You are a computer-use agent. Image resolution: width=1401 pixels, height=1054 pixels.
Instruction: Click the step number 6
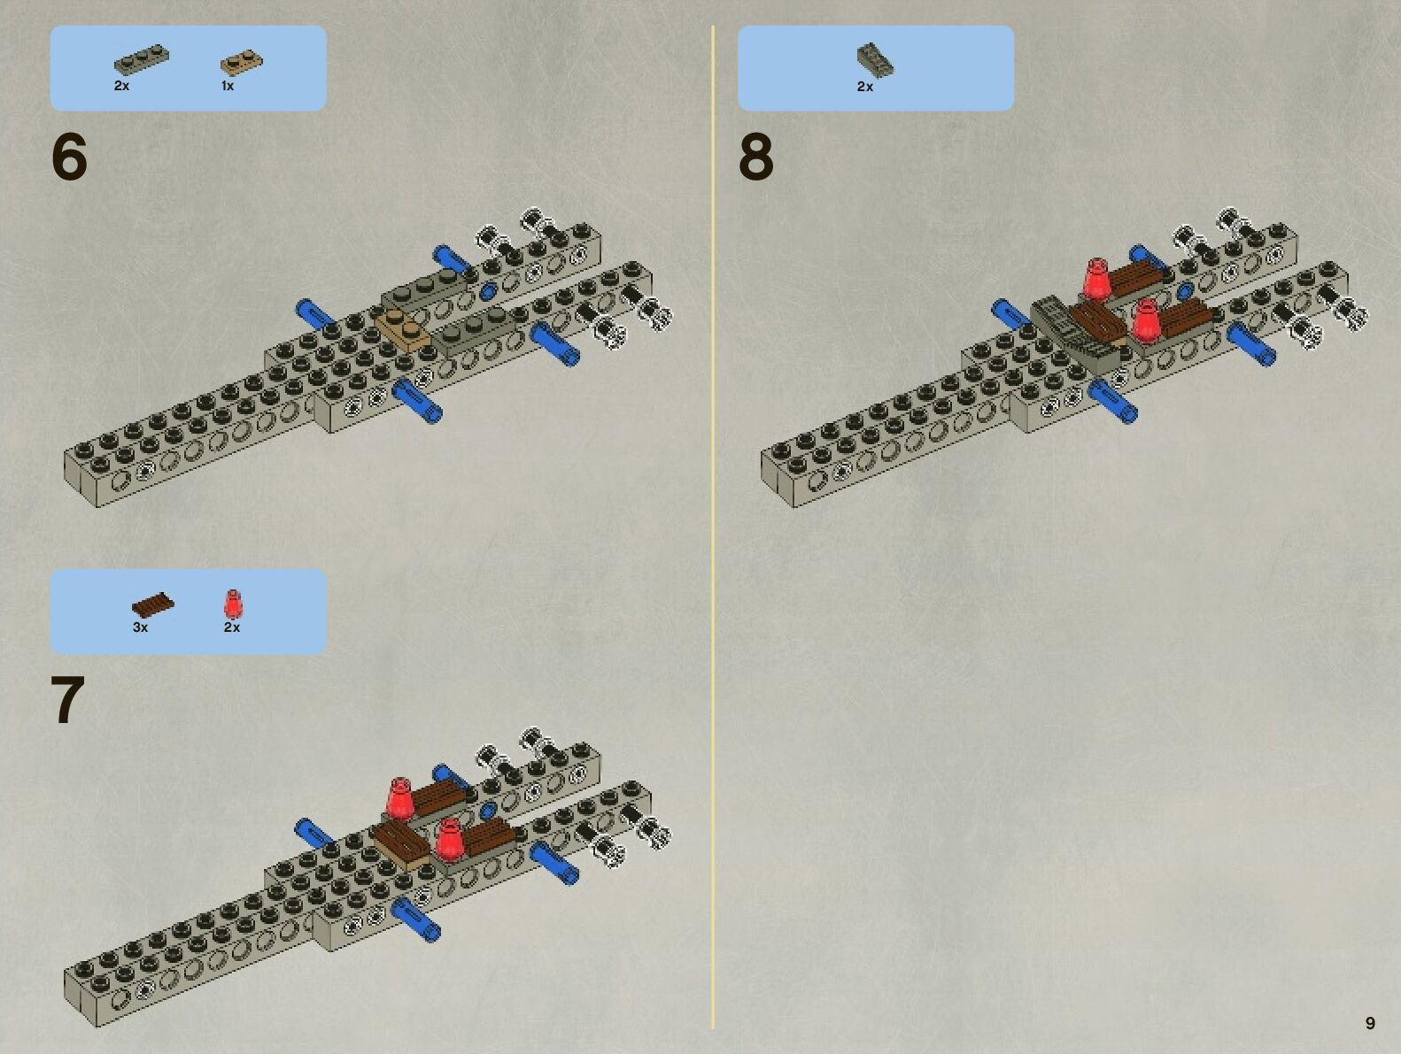coord(70,158)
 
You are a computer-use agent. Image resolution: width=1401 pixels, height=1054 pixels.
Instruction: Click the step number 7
coord(68,701)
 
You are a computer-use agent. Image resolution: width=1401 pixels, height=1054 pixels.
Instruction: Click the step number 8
coord(756,158)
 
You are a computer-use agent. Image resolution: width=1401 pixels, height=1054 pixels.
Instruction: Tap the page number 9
coord(1370,1023)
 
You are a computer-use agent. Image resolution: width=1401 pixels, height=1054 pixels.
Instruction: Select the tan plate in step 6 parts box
coord(241,63)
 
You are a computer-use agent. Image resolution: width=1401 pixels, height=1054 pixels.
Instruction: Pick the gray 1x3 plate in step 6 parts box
coord(141,60)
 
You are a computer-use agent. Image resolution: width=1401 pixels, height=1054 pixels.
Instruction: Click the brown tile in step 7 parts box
coord(152,605)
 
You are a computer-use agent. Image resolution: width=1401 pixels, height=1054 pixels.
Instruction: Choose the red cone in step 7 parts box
coord(232,604)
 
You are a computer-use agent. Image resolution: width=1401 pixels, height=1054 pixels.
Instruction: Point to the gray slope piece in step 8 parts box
coord(875,60)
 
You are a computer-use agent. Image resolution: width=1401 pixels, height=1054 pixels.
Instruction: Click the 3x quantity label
coord(140,627)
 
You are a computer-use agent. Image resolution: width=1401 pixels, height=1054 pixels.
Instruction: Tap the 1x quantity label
coord(228,87)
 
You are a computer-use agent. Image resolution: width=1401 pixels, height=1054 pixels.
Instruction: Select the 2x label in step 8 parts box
coord(864,87)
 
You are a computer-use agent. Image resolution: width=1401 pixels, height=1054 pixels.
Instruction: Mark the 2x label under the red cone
coord(232,627)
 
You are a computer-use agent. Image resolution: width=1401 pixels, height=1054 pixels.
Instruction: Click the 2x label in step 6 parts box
coord(121,87)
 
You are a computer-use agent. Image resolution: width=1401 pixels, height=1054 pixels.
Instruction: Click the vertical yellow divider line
coord(713,531)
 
